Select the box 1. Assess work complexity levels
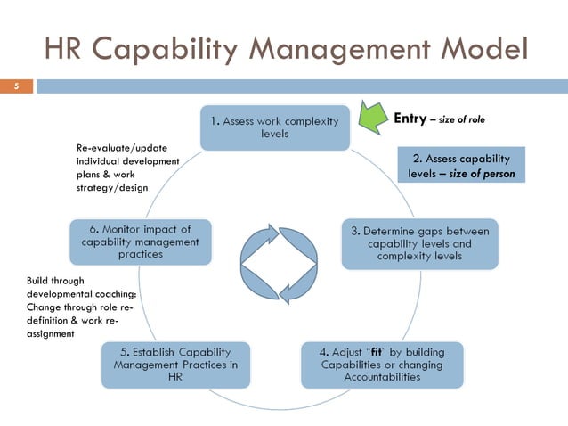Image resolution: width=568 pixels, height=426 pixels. coord(274,127)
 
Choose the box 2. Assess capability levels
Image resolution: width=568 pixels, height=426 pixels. coord(461,166)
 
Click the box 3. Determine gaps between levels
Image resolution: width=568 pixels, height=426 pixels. coord(421,243)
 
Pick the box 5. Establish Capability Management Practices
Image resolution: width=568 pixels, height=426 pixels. coord(176,365)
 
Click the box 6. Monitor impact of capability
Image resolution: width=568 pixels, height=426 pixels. coord(141,242)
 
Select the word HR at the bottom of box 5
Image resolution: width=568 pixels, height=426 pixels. coord(175,377)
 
